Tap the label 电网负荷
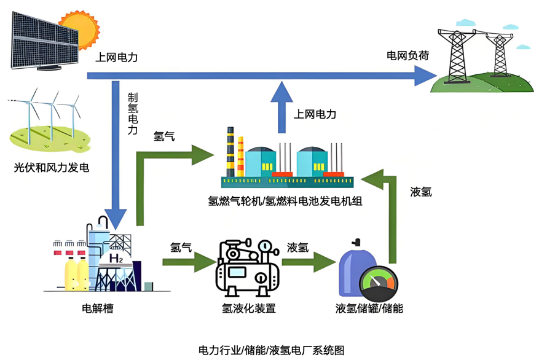[x=407, y=56]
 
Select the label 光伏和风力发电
[x=52, y=167]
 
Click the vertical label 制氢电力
[x=133, y=114]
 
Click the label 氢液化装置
[x=248, y=308]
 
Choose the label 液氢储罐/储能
[x=369, y=308]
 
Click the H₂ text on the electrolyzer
[x=116, y=259]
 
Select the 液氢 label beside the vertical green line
[x=421, y=192]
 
